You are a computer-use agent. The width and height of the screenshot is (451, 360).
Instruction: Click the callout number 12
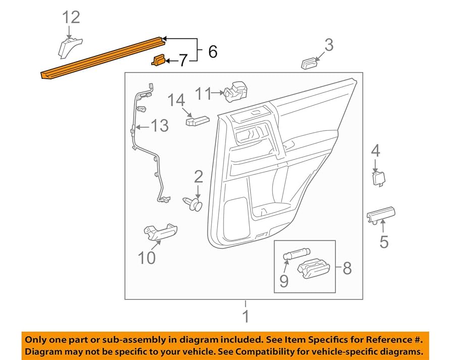point(71,17)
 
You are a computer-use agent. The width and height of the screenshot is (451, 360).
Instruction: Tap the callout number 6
point(212,51)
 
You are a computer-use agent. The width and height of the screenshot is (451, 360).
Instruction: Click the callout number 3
point(329,46)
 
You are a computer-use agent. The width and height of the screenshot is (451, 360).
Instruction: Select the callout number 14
point(177,100)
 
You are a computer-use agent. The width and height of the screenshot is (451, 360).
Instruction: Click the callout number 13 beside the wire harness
point(159,125)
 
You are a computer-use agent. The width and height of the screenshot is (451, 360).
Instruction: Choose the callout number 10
point(147,259)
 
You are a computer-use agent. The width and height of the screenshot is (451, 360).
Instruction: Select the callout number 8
point(347,268)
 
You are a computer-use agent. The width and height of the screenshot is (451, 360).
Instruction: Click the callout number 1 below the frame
point(246,318)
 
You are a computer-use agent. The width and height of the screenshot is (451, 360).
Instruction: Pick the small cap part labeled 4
point(377,178)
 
